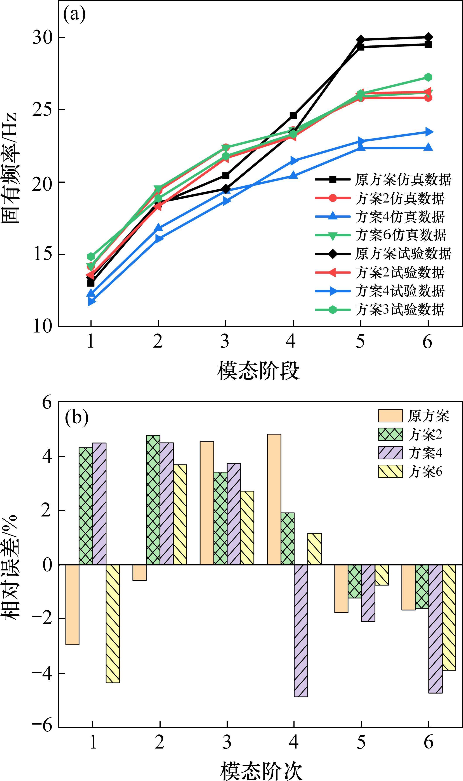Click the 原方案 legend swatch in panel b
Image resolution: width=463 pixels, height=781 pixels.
(x=390, y=416)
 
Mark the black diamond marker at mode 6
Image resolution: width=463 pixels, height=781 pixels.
(x=428, y=37)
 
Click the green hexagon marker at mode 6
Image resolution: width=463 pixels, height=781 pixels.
(x=428, y=77)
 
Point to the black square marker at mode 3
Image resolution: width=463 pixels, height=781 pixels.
(x=225, y=176)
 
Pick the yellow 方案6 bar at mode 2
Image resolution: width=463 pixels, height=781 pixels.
(x=180, y=515)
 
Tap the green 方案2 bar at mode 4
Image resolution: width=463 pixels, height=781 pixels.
(x=287, y=538)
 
